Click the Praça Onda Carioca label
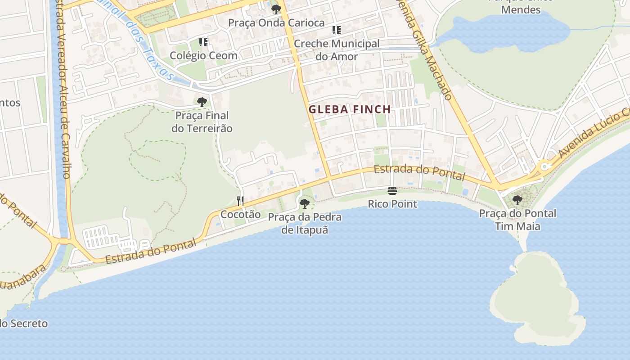point(276,22)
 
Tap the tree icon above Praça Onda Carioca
point(276,9)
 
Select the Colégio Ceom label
point(203,56)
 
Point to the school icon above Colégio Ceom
point(203,42)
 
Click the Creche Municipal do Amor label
point(337,50)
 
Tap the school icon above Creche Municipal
point(336,30)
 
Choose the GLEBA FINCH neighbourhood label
point(350,109)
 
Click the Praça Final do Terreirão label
point(202,122)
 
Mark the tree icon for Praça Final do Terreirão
point(202,102)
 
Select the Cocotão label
point(240,214)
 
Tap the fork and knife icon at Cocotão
point(240,201)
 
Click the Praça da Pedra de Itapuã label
point(305,224)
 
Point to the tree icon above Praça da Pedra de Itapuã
point(305,203)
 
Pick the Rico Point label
point(392,204)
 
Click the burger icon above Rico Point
point(392,191)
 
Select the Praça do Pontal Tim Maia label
point(517,220)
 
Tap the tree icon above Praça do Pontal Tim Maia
point(517,199)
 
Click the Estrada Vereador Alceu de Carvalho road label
point(63,90)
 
